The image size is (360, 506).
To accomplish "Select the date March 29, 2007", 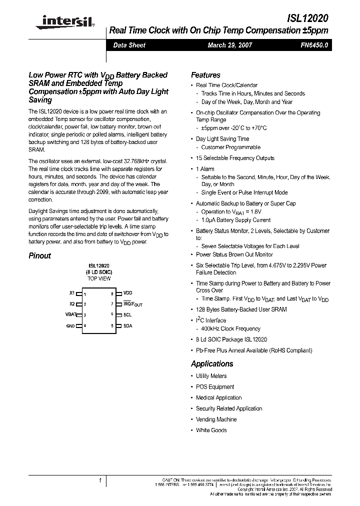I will [230, 45].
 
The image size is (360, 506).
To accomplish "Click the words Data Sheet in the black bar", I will [129, 45].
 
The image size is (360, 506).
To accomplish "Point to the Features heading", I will [205, 75].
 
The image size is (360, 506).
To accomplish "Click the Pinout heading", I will [39, 255].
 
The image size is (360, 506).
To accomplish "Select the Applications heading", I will [212, 364].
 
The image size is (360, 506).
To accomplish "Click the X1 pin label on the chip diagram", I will [71, 293].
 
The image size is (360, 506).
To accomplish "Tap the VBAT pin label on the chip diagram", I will [70, 314].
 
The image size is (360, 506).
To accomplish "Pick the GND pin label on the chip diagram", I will [70, 326].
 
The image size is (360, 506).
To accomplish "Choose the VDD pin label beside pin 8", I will [128, 292].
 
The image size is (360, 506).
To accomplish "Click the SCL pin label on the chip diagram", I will [127, 314].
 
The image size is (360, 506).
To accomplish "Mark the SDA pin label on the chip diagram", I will [127, 325].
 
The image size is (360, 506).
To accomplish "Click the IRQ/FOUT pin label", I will [132, 304].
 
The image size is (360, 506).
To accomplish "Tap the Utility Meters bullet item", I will [211, 376].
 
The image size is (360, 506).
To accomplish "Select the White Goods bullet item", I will [211, 430].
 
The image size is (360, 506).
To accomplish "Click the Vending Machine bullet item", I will [216, 419].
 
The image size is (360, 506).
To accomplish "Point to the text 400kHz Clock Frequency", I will [230, 329].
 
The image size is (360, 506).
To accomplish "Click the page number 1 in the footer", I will [100, 480].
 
